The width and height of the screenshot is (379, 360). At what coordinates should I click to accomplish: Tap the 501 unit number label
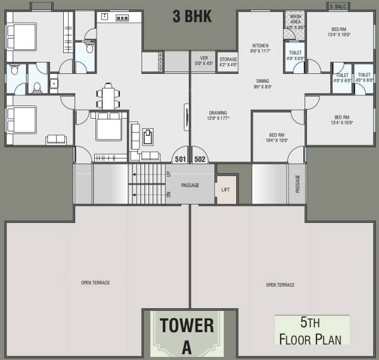click(x=181, y=159)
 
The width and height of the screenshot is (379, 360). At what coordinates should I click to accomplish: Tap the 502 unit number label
click(x=200, y=159)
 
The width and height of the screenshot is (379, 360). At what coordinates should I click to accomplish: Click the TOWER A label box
click(x=186, y=334)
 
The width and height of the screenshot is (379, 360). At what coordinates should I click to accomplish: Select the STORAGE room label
click(x=227, y=62)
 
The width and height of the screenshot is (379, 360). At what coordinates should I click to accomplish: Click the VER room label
click(x=203, y=61)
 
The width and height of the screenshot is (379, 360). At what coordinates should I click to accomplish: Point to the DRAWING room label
click(x=218, y=116)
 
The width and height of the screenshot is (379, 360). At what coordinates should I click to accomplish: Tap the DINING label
click(x=263, y=83)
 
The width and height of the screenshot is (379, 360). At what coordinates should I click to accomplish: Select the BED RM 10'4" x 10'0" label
click(x=278, y=138)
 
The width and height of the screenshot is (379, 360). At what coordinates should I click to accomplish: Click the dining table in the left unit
click(x=109, y=96)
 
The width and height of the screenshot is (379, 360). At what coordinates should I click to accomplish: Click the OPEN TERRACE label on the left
click(x=95, y=282)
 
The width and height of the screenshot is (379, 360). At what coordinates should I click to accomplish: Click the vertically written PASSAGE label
click(x=298, y=184)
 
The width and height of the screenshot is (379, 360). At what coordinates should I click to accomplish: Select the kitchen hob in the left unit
click(x=121, y=18)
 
